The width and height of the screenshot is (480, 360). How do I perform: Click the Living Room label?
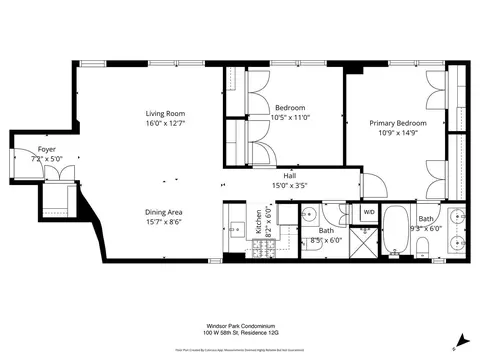[165, 113]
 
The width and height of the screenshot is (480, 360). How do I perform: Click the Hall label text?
[290, 175]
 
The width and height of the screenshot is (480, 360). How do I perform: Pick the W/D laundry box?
[368, 212]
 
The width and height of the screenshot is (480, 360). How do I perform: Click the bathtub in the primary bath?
[396, 233]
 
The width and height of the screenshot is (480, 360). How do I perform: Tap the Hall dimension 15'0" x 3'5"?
[290, 184]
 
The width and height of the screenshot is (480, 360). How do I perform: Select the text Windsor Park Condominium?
[240, 325]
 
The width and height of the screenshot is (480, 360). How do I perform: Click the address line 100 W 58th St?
[240, 334]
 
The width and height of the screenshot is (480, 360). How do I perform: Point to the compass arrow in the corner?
[462, 340]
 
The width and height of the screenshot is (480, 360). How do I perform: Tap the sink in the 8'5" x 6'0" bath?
[311, 213]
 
